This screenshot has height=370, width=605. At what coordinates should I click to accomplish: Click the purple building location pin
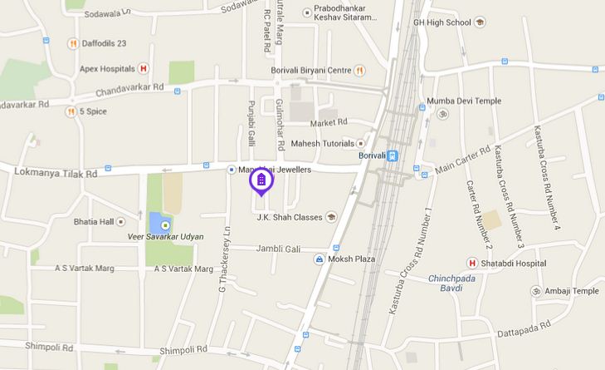261,180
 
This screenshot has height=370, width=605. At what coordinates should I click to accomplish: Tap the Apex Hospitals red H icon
144,68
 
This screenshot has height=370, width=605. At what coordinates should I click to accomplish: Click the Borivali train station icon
393,155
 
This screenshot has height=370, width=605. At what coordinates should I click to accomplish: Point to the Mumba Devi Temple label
465,101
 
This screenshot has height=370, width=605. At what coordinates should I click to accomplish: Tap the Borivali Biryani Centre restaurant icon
359,70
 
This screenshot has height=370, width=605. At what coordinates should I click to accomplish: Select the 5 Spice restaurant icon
71,111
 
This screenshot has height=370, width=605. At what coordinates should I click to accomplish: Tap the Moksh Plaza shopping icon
319,259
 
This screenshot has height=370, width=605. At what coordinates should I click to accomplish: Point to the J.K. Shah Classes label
290,218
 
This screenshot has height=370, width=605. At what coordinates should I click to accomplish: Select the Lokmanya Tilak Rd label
56,173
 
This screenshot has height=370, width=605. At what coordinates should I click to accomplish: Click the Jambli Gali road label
277,248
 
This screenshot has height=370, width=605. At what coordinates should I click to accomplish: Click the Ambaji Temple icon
535,291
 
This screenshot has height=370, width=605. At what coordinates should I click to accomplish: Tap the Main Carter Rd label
461,164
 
